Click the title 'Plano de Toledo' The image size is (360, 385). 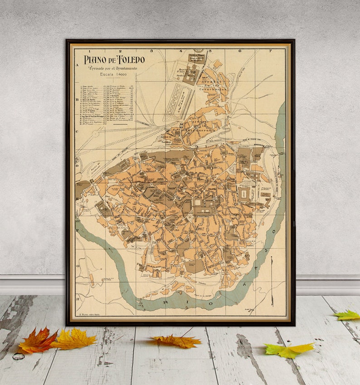click(114, 59)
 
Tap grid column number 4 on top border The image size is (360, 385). click(180, 51)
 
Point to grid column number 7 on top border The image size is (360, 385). click(270, 51)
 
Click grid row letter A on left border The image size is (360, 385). click(77, 65)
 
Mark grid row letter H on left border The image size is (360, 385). click(78, 299)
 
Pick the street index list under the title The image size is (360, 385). click(107, 104)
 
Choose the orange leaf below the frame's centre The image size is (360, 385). click(177, 341)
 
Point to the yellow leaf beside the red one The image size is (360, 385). click(75, 339)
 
